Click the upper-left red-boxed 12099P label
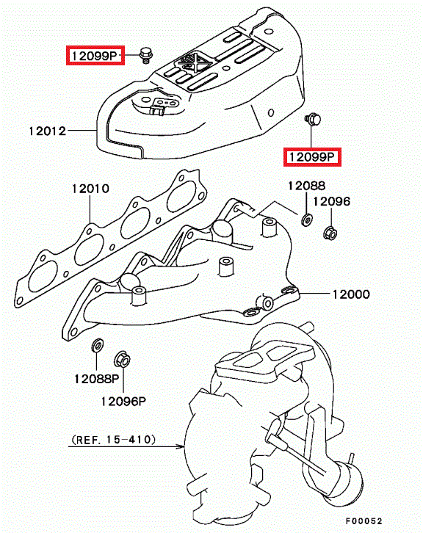click(x=95, y=55)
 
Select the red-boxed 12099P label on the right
click(x=312, y=156)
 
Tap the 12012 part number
click(x=47, y=131)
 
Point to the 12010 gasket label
click(x=90, y=189)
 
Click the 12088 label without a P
click(x=307, y=186)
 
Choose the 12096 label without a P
click(x=331, y=201)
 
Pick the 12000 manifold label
click(x=351, y=294)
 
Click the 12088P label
click(x=97, y=379)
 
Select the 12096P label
click(x=123, y=402)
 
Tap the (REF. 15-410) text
click(x=114, y=440)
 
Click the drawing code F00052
click(x=364, y=521)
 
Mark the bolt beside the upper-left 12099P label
click(x=146, y=56)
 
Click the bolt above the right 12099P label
click(x=313, y=119)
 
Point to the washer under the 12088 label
click(x=307, y=220)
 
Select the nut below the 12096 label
click(x=330, y=233)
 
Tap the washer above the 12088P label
click(x=98, y=346)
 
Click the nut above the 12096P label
click(x=122, y=359)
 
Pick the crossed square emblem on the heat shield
click(x=193, y=63)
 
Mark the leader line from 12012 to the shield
click(x=82, y=130)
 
